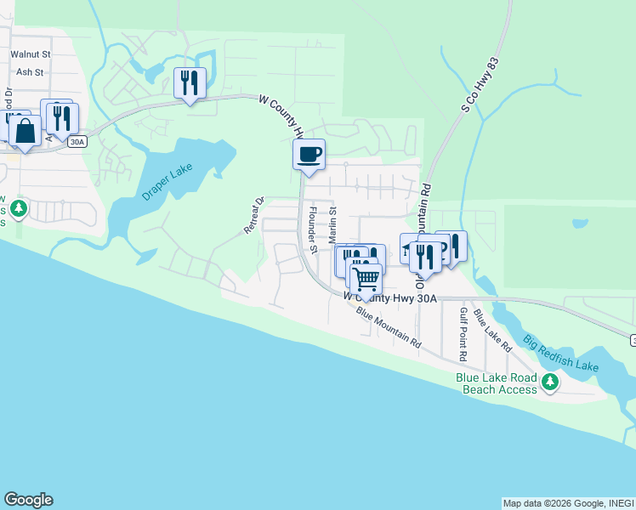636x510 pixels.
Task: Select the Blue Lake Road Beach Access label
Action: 497,383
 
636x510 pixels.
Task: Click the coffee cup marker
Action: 309,154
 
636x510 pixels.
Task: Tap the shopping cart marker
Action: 366,277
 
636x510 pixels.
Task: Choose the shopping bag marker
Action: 25,132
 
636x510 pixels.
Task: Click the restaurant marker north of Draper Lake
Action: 190,83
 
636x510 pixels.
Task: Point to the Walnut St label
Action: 31,54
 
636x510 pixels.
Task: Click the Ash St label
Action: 29,72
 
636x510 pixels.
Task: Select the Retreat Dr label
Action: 254,216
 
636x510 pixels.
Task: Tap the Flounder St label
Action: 313,230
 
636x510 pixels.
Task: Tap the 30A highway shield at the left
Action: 77,143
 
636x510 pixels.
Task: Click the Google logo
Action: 28,500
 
